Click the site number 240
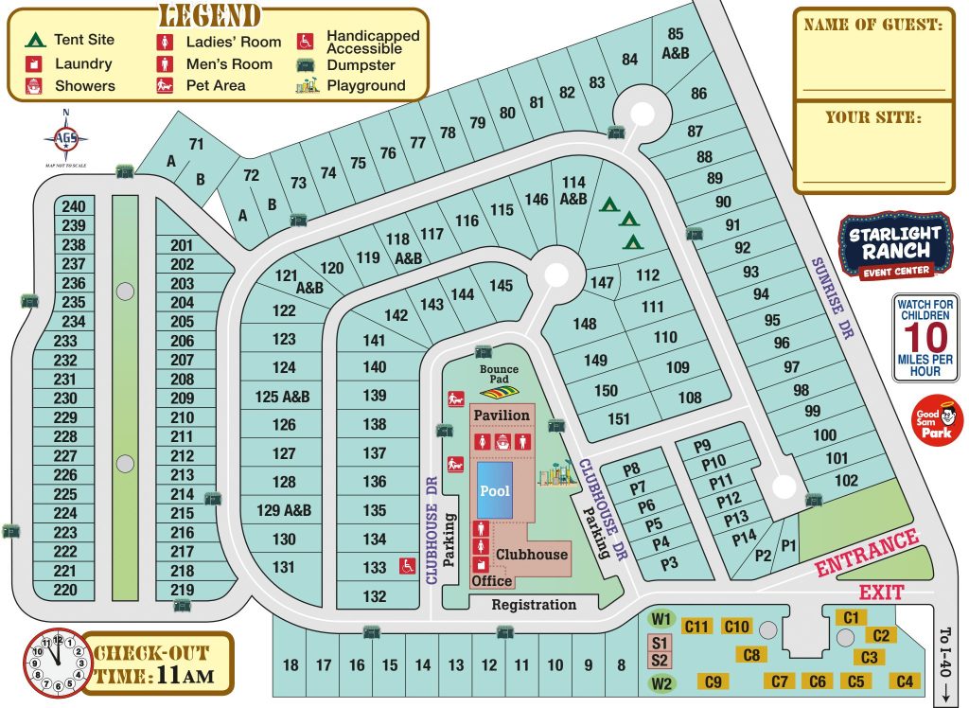[x=73, y=206]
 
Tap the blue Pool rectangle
[x=495, y=490]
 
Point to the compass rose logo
[x=65, y=139]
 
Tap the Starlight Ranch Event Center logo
[x=895, y=244]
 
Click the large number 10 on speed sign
[x=925, y=338]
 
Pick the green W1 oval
[x=661, y=621]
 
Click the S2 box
[x=660, y=660]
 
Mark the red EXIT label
[x=880, y=593]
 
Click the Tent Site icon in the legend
[x=35, y=40]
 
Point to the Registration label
[x=534, y=604]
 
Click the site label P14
[x=745, y=536]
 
